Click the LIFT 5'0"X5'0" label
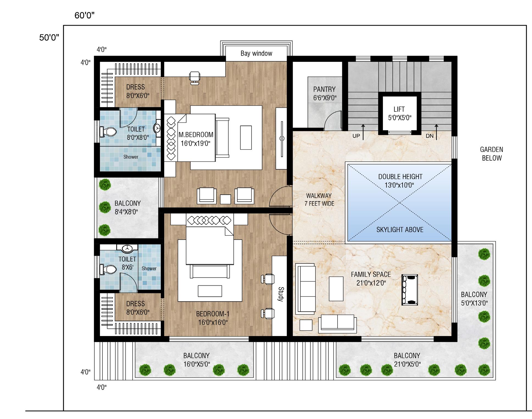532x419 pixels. pos(399,113)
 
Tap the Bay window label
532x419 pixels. pos(256,53)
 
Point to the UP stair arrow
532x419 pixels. pos(363,132)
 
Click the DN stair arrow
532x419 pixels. pos(436,132)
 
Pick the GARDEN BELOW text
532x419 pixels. pos(492,154)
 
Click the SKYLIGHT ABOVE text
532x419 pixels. pos(400,230)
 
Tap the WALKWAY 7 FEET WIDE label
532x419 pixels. pos(319,200)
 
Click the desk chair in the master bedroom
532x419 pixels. pos(194,77)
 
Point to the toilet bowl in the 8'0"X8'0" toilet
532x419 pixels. pos(108,132)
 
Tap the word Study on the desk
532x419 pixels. pos(281,294)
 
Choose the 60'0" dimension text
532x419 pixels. pos(84,15)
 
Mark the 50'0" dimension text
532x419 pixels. pos(49,38)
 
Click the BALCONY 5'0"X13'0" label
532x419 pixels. pos(474,299)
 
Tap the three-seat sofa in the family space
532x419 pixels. pos(305,289)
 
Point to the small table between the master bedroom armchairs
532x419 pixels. pos(225,199)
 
